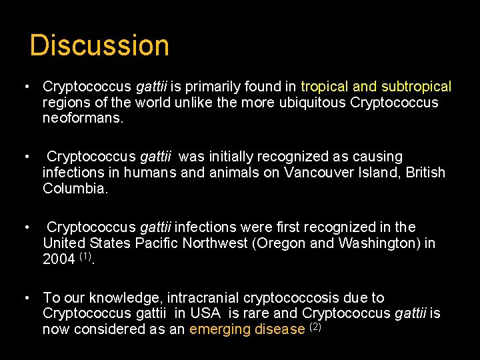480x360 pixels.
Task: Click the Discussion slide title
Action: [x=100, y=45]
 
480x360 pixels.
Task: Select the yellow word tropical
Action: [x=325, y=87]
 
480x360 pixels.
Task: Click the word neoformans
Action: [x=83, y=119]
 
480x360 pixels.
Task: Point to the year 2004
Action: [x=59, y=259]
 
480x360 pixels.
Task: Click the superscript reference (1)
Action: [x=85, y=256]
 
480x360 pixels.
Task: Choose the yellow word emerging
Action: [x=219, y=330]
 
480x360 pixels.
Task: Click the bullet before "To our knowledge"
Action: [x=25, y=297]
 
